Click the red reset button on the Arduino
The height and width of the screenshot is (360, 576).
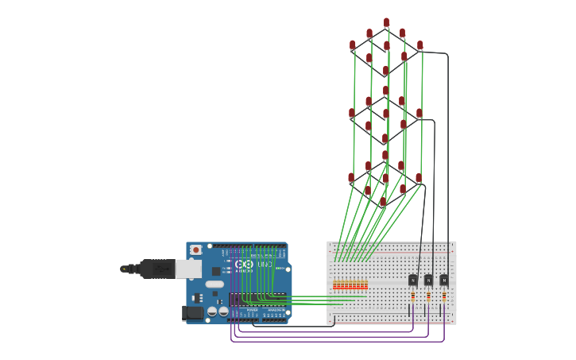click(x=196, y=250)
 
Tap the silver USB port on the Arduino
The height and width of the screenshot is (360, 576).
click(x=188, y=269)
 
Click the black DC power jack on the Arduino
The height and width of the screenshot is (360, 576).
click(x=193, y=313)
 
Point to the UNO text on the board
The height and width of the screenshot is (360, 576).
click(x=265, y=264)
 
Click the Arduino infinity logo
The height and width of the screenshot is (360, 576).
click(x=243, y=264)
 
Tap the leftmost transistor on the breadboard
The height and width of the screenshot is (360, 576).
click(x=413, y=280)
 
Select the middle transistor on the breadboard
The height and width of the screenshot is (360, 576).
click(x=428, y=280)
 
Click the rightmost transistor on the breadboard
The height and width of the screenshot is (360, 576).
click(x=444, y=280)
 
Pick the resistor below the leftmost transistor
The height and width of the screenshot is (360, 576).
click(x=413, y=296)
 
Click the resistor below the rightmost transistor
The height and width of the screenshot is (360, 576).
click(x=444, y=296)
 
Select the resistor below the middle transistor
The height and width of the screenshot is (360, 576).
click(x=428, y=296)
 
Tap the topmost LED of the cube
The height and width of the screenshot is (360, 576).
click(x=387, y=23)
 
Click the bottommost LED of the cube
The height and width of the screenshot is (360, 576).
click(x=383, y=203)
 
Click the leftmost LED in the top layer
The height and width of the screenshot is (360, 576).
click(x=353, y=46)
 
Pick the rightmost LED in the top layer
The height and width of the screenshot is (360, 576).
click(x=420, y=46)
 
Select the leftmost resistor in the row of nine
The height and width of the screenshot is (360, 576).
click(x=335, y=285)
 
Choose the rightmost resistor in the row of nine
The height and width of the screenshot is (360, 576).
click(x=365, y=285)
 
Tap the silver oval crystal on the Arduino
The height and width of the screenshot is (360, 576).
click(x=215, y=284)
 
